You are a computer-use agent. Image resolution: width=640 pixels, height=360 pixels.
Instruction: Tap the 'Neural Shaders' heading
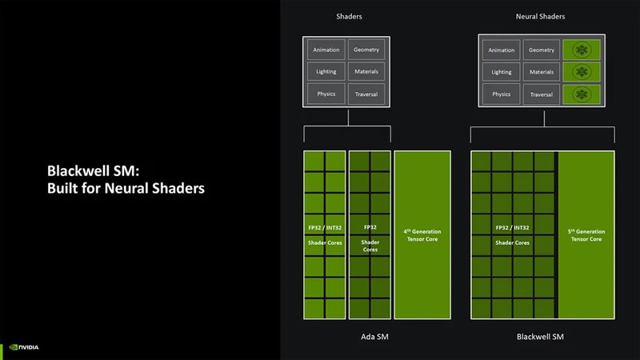(541, 15)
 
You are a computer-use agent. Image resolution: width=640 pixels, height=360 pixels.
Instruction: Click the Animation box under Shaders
(326, 50)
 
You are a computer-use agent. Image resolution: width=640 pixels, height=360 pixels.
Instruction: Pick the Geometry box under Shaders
(366, 50)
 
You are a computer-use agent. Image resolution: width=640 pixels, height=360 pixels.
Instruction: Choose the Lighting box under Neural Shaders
(502, 72)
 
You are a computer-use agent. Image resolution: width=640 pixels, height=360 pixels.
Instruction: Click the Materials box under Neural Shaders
(542, 72)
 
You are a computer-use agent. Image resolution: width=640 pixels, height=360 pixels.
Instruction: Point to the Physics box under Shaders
(326, 94)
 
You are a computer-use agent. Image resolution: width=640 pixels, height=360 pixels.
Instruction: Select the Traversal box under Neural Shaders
(542, 94)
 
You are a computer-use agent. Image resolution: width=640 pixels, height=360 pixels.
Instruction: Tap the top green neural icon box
(582, 50)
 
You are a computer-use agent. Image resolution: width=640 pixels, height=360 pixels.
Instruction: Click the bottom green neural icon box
(582, 94)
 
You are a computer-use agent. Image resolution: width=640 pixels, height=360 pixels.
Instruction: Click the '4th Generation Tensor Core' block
(422, 235)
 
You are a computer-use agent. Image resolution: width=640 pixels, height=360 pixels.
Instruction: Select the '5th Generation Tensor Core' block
(586, 235)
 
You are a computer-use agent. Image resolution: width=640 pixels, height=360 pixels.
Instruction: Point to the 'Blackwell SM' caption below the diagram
(541, 337)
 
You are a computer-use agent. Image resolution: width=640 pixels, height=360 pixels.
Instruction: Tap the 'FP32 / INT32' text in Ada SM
(323, 227)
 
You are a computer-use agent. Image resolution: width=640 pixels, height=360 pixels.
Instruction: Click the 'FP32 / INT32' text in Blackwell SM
(513, 227)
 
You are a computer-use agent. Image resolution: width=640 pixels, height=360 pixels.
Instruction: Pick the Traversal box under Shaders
(366, 94)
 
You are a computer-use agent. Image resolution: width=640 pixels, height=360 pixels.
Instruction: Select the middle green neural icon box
(582, 72)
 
